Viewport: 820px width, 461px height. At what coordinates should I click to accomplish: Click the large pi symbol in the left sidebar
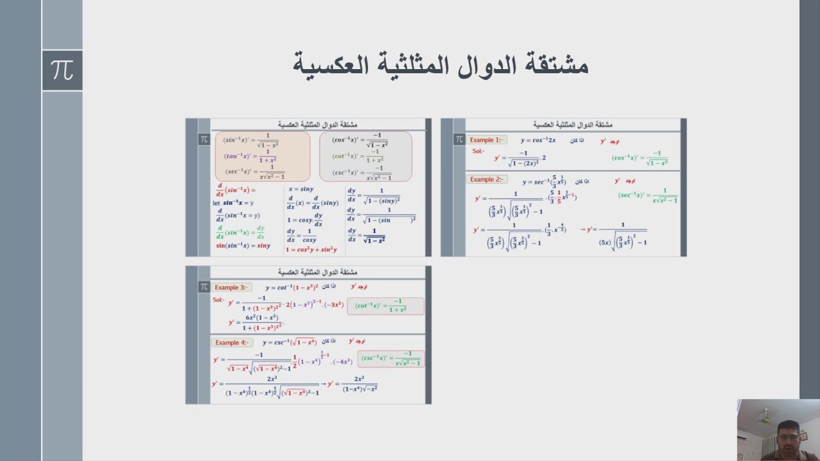click(x=62, y=70)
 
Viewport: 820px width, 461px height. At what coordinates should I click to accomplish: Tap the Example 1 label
click(x=486, y=140)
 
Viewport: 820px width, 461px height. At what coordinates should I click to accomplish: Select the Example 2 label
click(x=487, y=180)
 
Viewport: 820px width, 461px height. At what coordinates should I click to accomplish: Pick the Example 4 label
click(x=231, y=343)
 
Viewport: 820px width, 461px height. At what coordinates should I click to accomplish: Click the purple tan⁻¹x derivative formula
click(x=250, y=157)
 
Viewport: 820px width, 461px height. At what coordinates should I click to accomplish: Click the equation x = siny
click(x=301, y=190)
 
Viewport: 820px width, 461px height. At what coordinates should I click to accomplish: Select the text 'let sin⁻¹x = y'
click(x=233, y=203)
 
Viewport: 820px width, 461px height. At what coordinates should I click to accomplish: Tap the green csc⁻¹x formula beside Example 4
click(x=390, y=359)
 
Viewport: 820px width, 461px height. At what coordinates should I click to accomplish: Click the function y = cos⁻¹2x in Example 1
click(x=538, y=140)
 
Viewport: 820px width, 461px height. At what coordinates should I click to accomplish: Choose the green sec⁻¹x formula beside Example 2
click(x=648, y=195)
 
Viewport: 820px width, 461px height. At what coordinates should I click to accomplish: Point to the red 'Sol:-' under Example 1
click(x=479, y=151)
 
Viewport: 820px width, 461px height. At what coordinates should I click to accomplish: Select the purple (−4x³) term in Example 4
click(x=342, y=362)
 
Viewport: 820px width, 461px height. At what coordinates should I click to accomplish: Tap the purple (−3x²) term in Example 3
click(x=333, y=304)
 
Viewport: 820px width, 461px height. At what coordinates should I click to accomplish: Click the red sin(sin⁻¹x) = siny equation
click(x=243, y=246)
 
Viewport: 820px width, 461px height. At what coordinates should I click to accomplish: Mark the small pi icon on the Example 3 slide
click(x=204, y=287)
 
